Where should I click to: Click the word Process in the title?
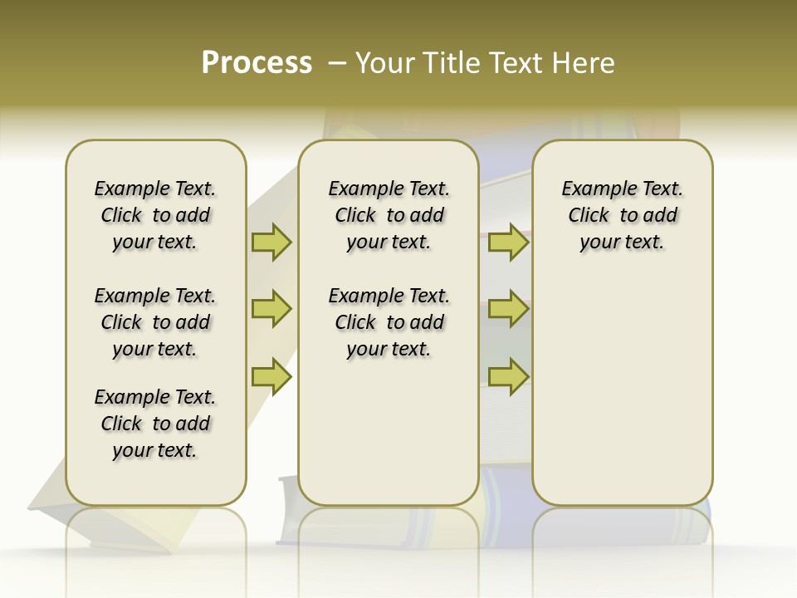pos(257,62)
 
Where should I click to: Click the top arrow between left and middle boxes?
pos(271,242)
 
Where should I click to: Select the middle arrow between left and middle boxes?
pos(271,309)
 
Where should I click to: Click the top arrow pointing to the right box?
pos(508,242)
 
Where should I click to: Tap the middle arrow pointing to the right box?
pos(508,309)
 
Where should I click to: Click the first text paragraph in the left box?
pos(155,215)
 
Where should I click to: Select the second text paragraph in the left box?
pos(155,322)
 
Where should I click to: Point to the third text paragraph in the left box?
pos(155,424)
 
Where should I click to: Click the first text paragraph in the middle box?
pos(389,215)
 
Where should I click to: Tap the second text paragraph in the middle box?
pos(389,322)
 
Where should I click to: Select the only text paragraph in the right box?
pos(622,215)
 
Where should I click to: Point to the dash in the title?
pos(337,62)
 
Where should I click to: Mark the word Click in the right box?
pos(589,216)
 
